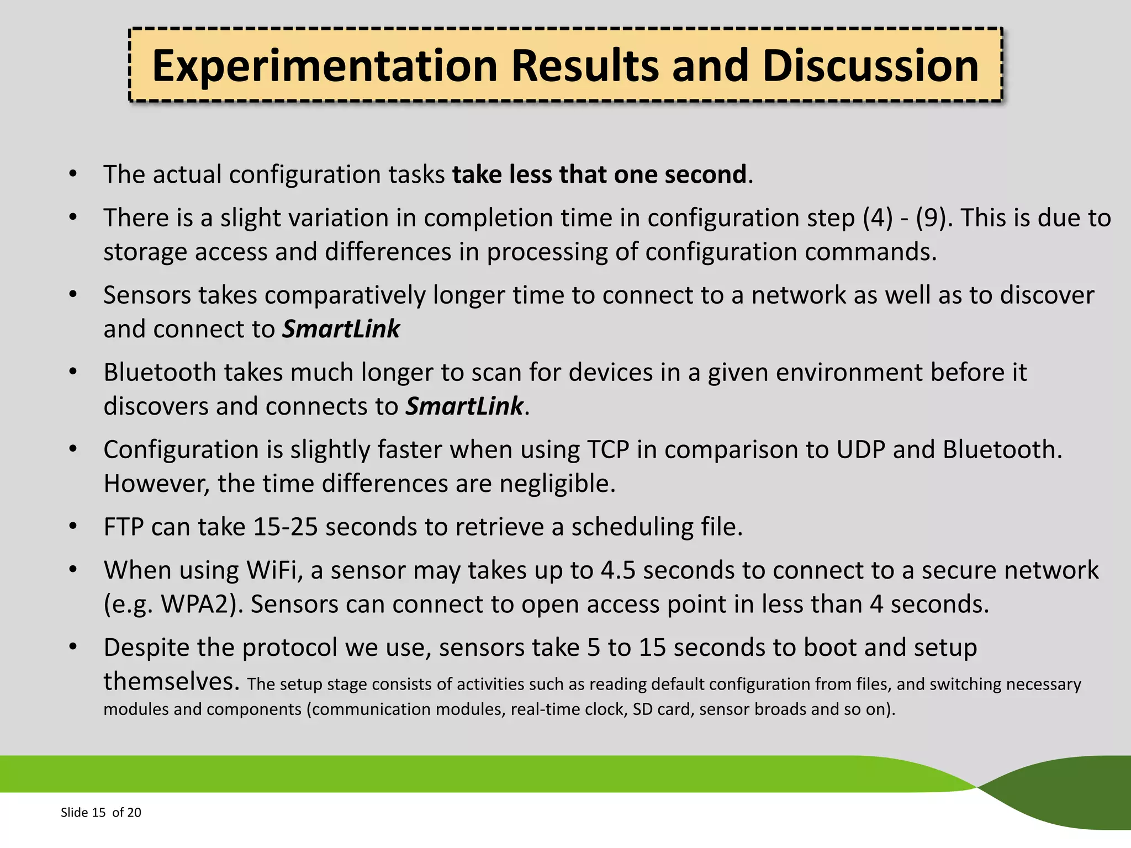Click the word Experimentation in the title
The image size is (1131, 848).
[x=325, y=66]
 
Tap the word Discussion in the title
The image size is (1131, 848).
[x=870, y=66]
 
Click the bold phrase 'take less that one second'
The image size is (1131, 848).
[x=599, y=174]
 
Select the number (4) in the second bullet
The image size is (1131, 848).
[x=878, y=218]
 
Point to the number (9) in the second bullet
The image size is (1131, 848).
[x=934, y=218]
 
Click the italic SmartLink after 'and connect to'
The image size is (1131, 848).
[x=341, y=329]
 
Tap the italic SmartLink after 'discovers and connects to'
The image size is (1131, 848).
[x=464, y=406]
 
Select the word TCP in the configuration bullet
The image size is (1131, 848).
[x=607, y=449]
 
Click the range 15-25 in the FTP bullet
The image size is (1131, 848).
[x=285, y=527]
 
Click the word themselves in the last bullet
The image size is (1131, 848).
[x=171, y=681]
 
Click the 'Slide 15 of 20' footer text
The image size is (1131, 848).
[x=101, y=812]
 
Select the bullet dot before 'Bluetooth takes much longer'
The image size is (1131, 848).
[x=73, y=372]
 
